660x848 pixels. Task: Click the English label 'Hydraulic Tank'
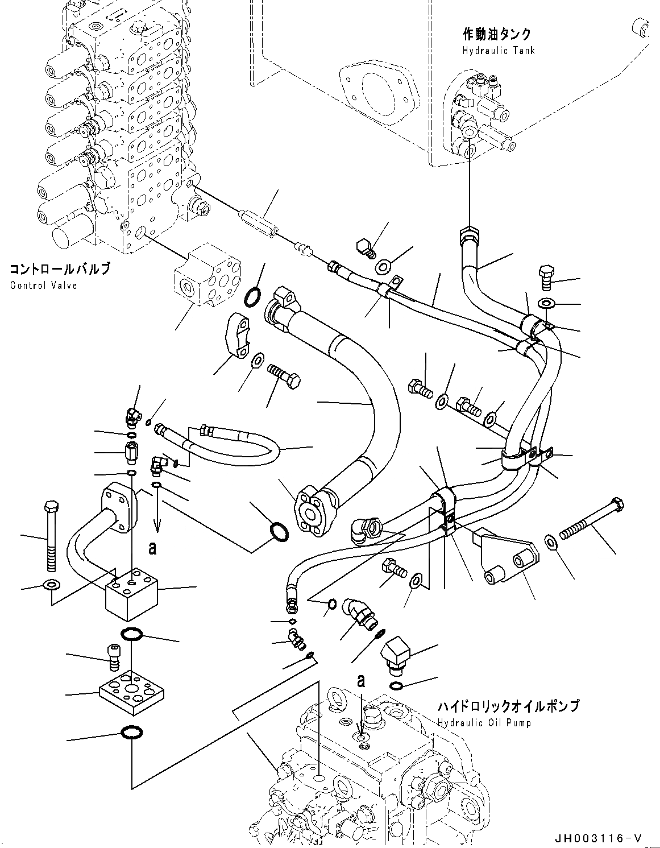(499, 51)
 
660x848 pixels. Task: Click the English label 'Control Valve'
(43, 285)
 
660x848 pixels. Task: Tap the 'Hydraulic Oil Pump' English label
(484, 723)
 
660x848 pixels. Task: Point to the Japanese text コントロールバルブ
(59, 269)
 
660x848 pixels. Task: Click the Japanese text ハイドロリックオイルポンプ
(508, 706)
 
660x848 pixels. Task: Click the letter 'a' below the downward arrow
(152, 548)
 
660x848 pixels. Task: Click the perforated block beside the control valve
(206, 275)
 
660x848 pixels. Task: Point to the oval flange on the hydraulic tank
(375, 93)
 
